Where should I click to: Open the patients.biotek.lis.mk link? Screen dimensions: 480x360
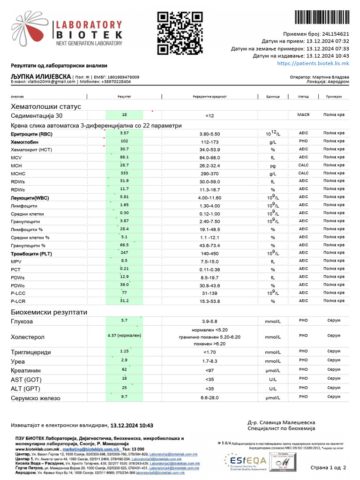[313, 63]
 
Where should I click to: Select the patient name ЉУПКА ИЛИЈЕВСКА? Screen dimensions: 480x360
[41, 76]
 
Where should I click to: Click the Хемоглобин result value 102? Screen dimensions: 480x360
[124, 141]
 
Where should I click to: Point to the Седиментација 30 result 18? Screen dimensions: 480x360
[124, 115]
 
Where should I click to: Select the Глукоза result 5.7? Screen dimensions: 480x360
[124, 321]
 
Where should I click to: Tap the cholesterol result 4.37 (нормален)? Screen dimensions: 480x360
[124, 336]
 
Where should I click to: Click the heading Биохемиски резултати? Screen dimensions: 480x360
[43, 312]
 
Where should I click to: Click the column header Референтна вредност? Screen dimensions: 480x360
[210, 97]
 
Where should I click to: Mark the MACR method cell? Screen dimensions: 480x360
[303, 115]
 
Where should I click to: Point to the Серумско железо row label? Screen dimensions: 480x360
[36, 398]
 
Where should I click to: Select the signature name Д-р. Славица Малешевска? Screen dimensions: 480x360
[281, 422]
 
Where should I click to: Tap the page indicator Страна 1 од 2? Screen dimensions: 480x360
[328, 467]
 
